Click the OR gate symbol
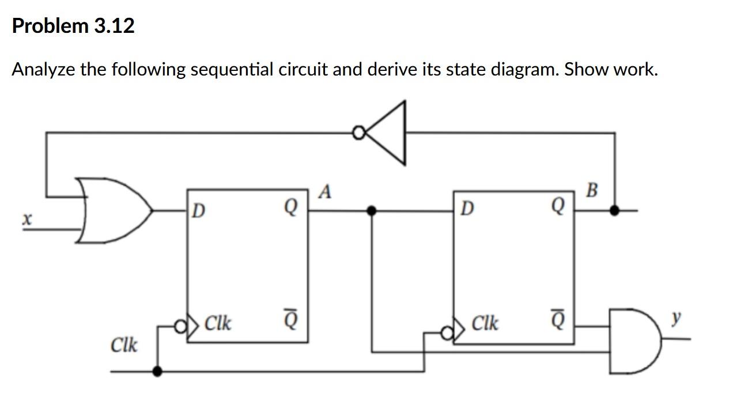[x=115, y=210]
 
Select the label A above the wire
[x=325, y=192]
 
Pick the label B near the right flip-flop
[x=592, y=189]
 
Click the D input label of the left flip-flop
[x=198, y=211]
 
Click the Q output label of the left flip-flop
[x=291, y=206]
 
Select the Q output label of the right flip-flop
[x=558, y=206]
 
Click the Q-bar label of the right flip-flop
[x=558, y=318]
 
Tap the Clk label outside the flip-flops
[x=124, y=345]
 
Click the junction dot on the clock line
[x=157, y=372]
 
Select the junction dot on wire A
[x=372, y=211]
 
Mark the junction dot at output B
[x=615, y=211]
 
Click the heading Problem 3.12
[x=73, y=26]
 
